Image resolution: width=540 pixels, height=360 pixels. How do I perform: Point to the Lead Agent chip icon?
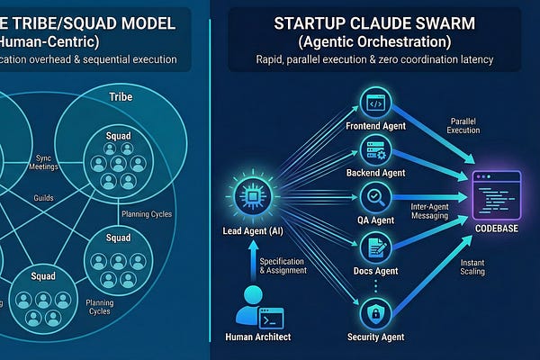click(x=247, y=195)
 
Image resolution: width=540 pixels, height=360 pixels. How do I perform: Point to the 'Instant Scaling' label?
click(x=472, y=266)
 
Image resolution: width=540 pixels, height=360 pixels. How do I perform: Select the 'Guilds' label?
click(x=43, y=196)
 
